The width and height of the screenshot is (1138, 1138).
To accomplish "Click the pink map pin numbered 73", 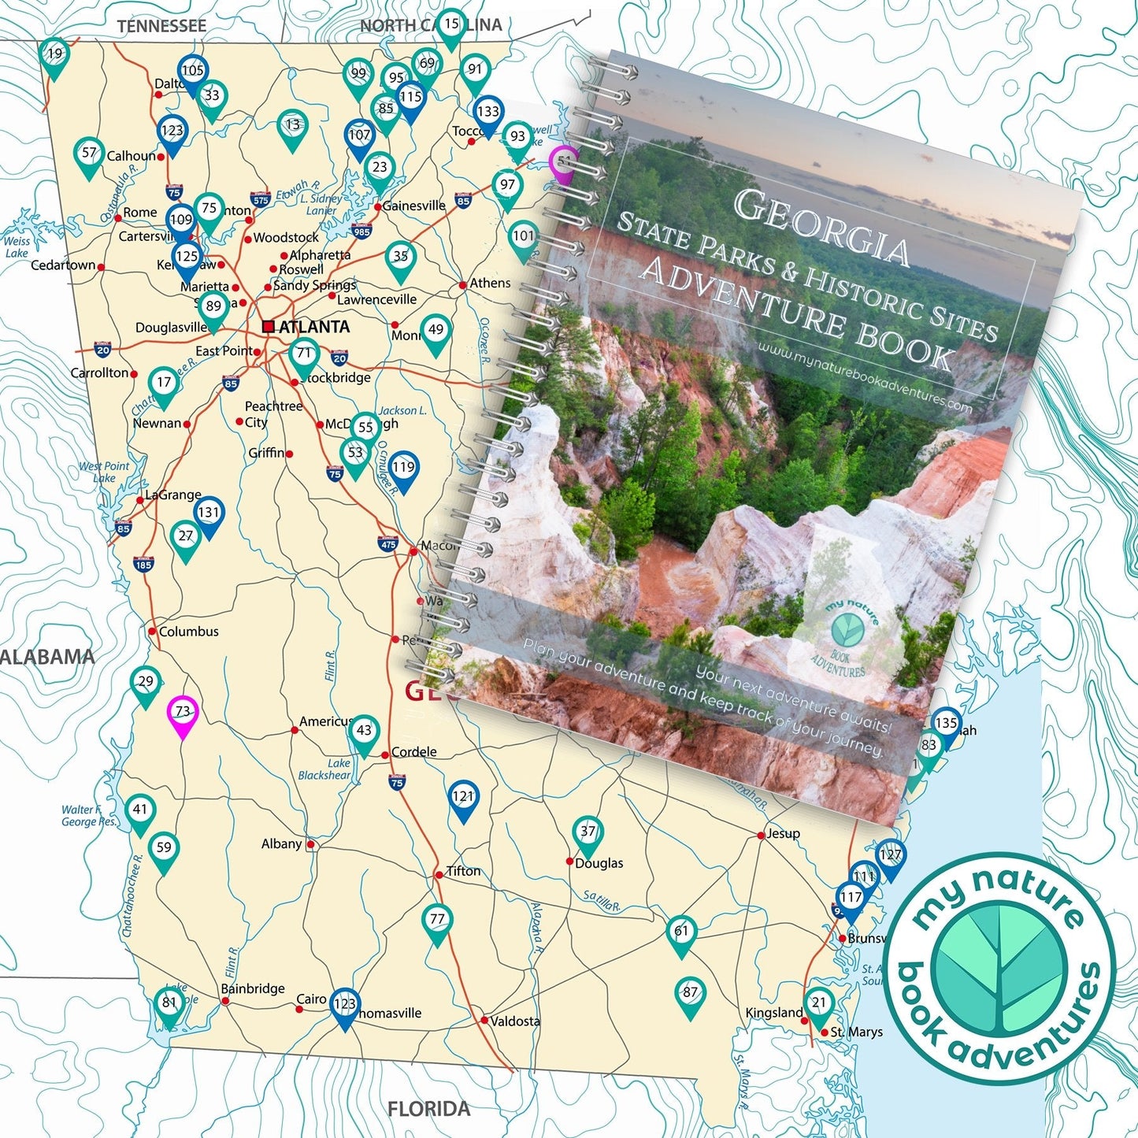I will coord(183,714).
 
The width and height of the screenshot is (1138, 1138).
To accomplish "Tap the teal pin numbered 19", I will coord(54,56).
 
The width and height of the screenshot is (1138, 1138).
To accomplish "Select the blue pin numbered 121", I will coord(463,798).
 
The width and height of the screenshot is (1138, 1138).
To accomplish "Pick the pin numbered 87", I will coord(690,994).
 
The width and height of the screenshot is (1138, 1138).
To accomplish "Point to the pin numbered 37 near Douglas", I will coord(588,832).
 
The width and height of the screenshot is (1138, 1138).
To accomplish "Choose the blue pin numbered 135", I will coord(946,725).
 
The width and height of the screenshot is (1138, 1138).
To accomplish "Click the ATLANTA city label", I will coord(313,327).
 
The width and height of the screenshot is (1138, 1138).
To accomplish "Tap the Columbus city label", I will coord(188,632).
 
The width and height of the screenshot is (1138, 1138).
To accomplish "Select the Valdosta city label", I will coord(515,1021).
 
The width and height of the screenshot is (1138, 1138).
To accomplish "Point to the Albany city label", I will coord(281,844).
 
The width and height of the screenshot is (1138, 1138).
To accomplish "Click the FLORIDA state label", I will coord(428,1110).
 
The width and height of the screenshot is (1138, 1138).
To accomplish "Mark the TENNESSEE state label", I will coord(161,26).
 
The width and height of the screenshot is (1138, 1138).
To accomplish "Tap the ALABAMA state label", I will coord(47,657).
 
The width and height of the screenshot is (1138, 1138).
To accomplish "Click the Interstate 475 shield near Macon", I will coord(387,544).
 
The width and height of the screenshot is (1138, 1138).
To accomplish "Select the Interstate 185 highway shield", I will coord(143,564).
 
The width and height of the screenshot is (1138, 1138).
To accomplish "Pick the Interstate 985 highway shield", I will coord(361,232).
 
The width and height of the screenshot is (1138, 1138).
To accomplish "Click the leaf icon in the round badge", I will coord(999,969).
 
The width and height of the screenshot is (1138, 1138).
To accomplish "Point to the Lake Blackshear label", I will coord(325,769).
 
